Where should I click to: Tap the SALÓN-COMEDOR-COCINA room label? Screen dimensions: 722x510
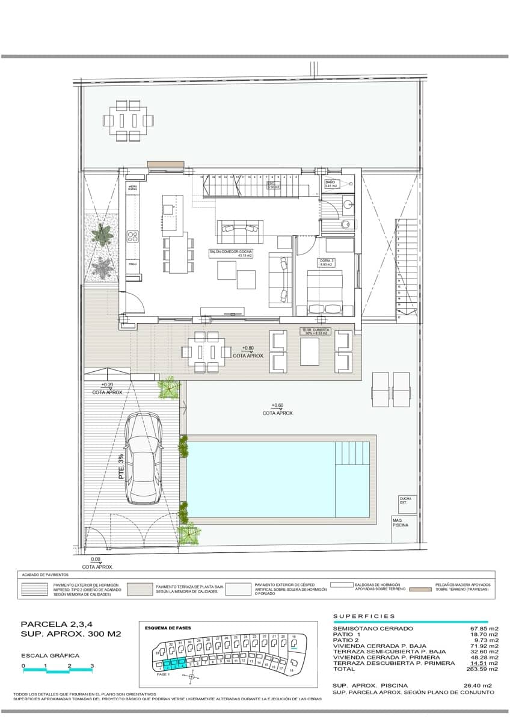pos(230,253)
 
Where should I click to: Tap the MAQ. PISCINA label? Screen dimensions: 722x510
pos(400,522)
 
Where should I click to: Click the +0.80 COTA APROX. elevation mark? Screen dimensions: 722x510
pos(253,352)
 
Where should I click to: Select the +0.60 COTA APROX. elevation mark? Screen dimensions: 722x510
pos(277,409)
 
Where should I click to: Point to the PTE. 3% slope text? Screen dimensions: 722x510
pos(121,466)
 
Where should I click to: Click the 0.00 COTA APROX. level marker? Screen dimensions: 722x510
pos(97,563)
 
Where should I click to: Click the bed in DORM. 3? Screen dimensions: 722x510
pos(325,292)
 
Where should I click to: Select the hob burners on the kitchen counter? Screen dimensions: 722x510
pos(132,236)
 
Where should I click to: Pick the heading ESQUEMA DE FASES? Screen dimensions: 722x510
pos(168,628)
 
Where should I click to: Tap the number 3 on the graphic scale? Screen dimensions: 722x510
pos(92,666)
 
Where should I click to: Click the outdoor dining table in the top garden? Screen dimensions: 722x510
pos(128,120)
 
